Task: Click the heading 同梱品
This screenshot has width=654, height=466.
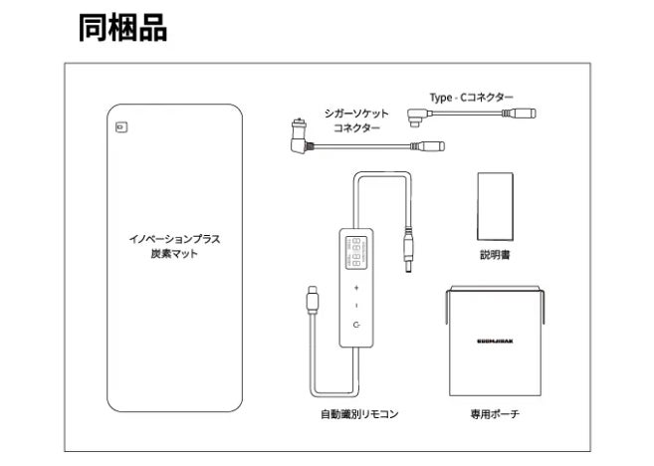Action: [x=122, y=27]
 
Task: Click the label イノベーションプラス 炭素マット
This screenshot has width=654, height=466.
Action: [x=174, y=247]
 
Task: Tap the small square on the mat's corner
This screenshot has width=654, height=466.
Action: [x=120, y=126]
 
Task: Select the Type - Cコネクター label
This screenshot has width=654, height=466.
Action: [x=471, y=97]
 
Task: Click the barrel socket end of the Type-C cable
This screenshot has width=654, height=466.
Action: [x=524, y=115]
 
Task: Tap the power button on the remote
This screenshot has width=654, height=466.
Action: [x=356, y=326]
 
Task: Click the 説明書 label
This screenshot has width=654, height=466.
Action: [x=495, y=256]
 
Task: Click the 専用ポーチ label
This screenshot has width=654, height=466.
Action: [x=495, y=412]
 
